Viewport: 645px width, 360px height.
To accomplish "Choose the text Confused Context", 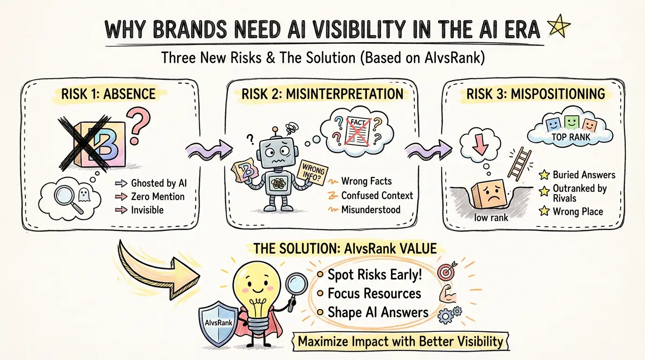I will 377,195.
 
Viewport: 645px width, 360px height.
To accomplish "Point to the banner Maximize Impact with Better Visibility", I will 400,341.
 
